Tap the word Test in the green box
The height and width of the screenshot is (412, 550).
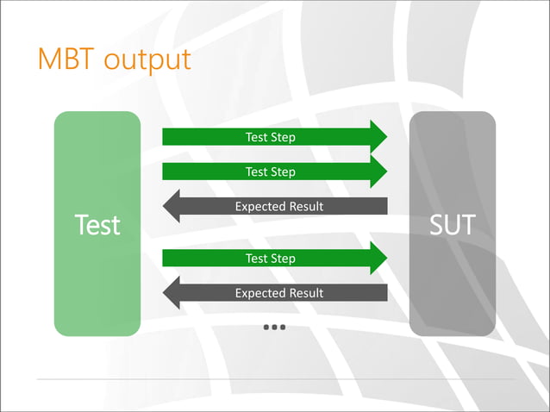tap(97, 225)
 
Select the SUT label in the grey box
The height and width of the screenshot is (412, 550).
tap(452, 225)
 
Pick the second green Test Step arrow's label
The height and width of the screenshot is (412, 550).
tap(270, 172)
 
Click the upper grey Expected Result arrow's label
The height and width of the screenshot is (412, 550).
tap(279, 206)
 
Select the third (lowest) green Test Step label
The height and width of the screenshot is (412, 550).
tap(270, 258)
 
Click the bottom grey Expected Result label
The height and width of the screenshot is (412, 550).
tap(279, 293)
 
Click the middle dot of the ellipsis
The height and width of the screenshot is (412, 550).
tap(275, 328)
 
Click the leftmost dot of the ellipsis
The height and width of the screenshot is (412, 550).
tap(267, 328)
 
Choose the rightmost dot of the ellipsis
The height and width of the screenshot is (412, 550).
tap(283, 328)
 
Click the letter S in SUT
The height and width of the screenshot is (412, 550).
tap(436, 225)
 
